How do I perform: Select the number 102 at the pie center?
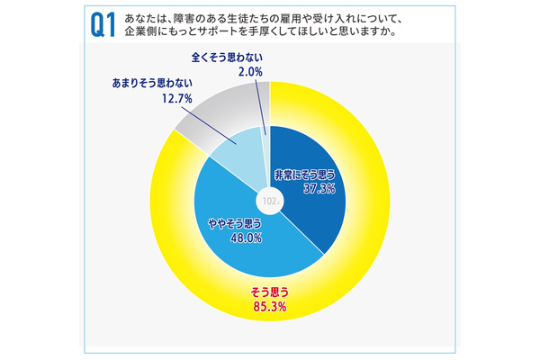pos(270,200)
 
